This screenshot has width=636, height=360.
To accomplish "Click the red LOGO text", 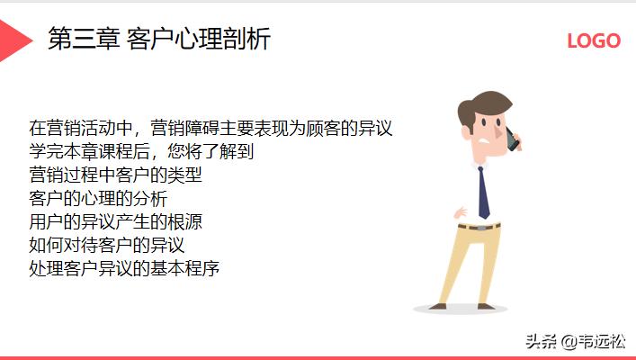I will tap(593, 40).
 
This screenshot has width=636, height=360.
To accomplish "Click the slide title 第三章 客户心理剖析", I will tap(158, 40).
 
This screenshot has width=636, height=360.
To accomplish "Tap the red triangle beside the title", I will tap(13, 40).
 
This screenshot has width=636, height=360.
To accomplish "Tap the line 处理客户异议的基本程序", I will tap(124, 268).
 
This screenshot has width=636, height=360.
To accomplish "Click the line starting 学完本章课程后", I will tap(141, 151).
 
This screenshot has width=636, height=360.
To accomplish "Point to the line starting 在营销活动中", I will tap(211, 128).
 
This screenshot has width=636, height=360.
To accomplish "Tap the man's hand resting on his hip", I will tap(461, 213).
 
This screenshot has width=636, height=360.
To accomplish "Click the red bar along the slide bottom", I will tap(318, 357).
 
